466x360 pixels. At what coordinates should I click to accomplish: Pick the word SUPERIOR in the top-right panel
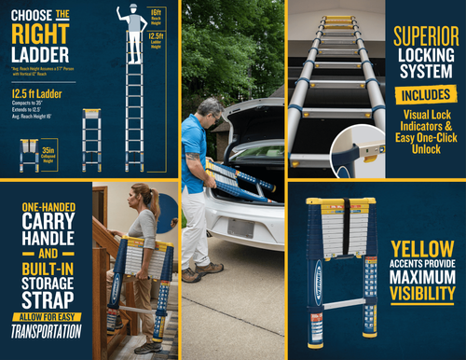(x=425, y=37)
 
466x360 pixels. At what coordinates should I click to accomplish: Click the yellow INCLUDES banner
(x=425, y=95)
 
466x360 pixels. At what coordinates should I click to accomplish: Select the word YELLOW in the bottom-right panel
(x=424, y=249)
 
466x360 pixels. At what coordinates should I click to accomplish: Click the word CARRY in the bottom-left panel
(x=45, y=225)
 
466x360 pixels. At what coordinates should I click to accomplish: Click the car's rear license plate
(x=240, y=228)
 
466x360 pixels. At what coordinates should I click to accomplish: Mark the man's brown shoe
(x=191, y=275)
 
